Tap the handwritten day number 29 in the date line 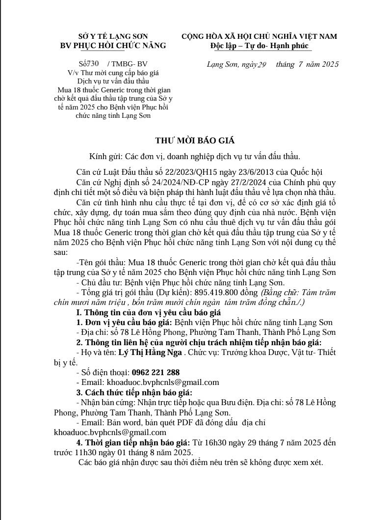(x=261, y=65)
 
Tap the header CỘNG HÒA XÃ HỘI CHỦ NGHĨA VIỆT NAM (x=259, y=36)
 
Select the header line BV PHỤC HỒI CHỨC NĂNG (x=112, y=46)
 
